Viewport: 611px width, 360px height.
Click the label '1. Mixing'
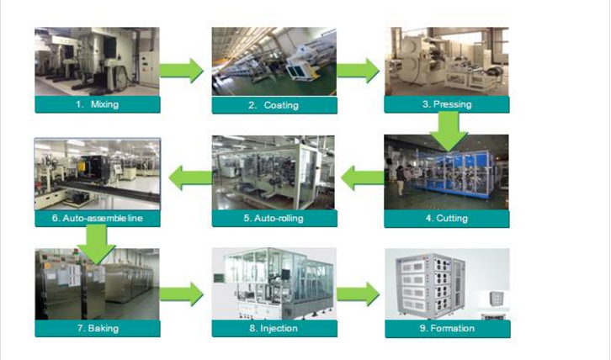tap(97, 104)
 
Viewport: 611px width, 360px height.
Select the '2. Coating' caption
tap(274, 105)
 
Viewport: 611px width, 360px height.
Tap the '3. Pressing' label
tap(447, 104)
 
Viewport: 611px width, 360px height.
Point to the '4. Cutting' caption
tap(447, 219)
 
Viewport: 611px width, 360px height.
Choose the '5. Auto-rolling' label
tap(274, 219)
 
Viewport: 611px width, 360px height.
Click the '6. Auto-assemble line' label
tap(97, 219)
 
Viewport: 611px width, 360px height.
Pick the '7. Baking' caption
tap(97, 328)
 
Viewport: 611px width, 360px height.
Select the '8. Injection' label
tap(274, 328)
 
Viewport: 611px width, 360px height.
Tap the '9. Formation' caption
tap(447, 328)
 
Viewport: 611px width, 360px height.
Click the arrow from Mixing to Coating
tap(183, 70)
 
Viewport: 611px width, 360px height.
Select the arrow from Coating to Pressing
tap(359, 70)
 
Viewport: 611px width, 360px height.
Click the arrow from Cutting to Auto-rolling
tap(362, 177)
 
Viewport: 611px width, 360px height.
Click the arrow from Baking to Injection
tap(183, 294)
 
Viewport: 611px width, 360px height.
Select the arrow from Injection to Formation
tap(359, 294)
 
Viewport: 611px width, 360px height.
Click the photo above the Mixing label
tap(97, 61)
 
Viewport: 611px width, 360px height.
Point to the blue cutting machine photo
tap(447, 172)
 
